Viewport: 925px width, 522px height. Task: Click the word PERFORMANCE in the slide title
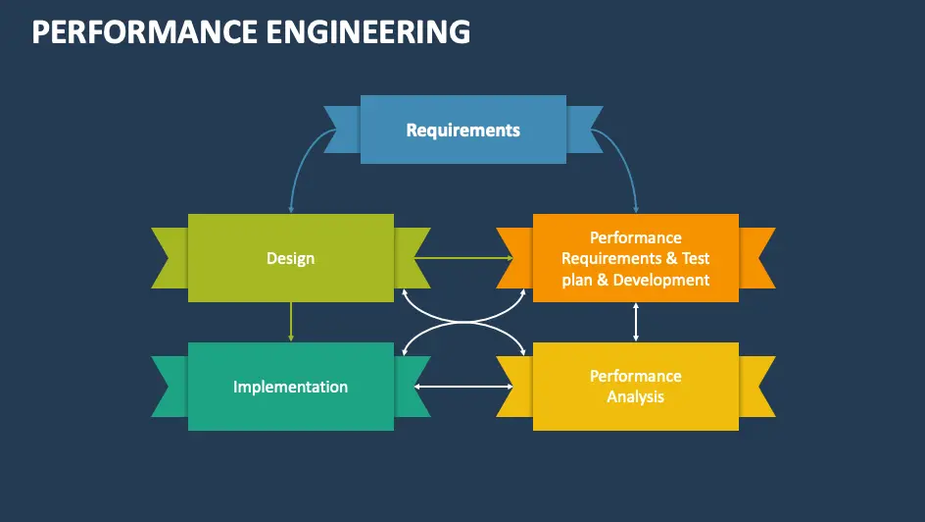136,32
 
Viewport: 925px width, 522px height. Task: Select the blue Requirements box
462,130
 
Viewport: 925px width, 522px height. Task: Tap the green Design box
290,258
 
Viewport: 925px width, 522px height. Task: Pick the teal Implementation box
290,387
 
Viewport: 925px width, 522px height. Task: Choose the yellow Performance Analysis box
635,387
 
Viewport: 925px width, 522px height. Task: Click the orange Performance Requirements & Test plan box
635,258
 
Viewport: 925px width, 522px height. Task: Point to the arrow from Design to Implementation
291,322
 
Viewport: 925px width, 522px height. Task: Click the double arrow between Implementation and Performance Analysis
462,387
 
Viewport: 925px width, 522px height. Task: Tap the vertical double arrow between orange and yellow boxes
636,322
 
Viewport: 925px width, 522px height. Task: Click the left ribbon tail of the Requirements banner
342,129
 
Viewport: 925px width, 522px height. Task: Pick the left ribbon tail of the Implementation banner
169,387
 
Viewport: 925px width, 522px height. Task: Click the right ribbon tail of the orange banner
756,258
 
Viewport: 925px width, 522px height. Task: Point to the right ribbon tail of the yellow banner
756,387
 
